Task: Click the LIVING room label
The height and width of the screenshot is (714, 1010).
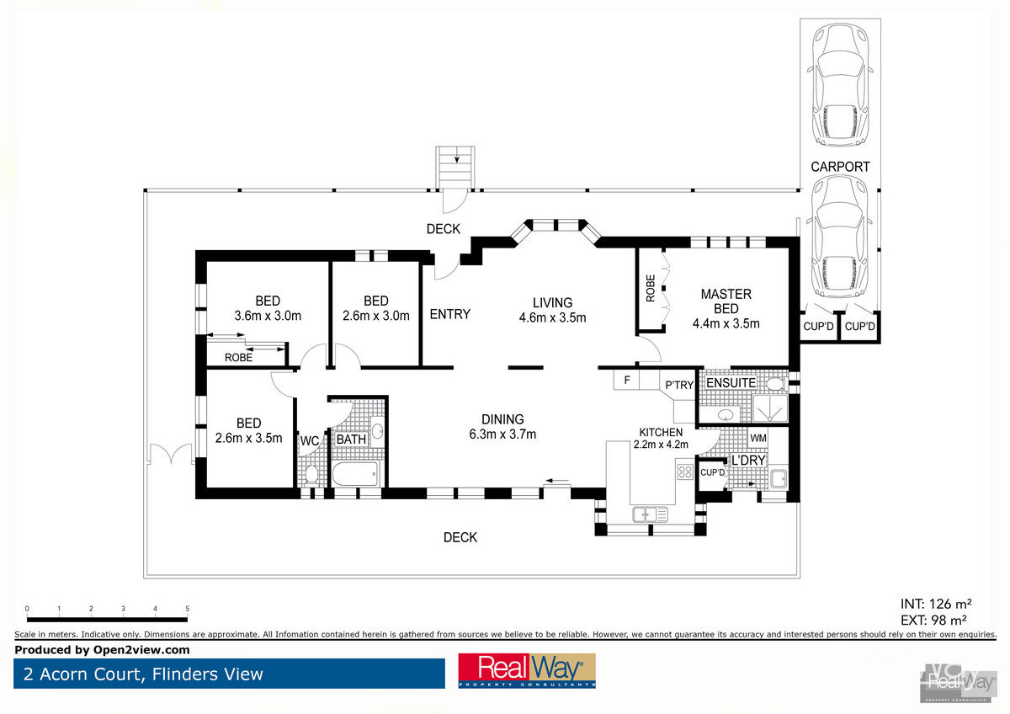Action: [552, 302]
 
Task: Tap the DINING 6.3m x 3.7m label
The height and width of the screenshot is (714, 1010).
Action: [502, 427]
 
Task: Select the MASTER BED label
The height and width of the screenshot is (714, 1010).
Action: [726, 301]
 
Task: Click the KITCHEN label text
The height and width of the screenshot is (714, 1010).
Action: [661, 432]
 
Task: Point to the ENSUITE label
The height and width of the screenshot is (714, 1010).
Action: [731, 383]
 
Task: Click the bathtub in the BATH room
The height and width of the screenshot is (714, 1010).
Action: [355, 474]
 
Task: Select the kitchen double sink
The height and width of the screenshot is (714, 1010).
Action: [650, 514]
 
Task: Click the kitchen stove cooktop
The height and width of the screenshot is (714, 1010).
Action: [685, 472]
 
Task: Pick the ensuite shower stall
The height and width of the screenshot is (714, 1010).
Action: [770, 408]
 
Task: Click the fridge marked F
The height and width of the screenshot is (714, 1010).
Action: [626, 380]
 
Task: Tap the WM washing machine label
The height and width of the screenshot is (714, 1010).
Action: [758, 438]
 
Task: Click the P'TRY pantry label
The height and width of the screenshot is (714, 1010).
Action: [679, 385]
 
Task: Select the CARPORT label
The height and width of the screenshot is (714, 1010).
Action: [840, 167]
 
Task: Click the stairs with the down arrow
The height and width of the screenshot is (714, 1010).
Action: [455, 167]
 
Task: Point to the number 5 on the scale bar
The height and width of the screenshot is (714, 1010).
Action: [187, 609]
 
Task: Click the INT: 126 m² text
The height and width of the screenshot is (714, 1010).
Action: [936, 604]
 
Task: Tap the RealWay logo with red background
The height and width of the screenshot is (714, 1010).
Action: [527, 671]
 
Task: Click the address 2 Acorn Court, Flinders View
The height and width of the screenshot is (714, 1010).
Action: [143, 674]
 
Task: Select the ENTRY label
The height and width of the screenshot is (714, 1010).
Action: [449, 314]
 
